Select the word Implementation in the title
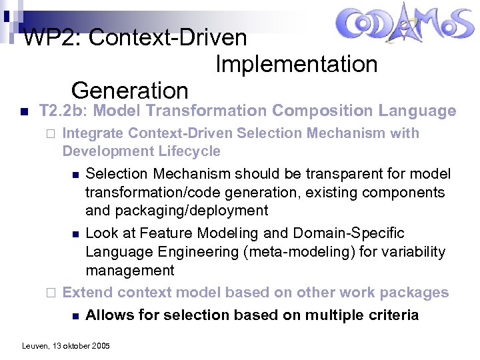pyautogui.click(x=296, y=65)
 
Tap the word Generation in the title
pyautogui.click(x=129, y=90)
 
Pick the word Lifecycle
pyautogui.click(x=189, y=151)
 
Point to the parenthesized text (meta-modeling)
pyautogui.click(x=317, y=252)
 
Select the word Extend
pyautogui.click(x=85, y=293)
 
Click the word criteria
pyautogui.click(x=389, y=315)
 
